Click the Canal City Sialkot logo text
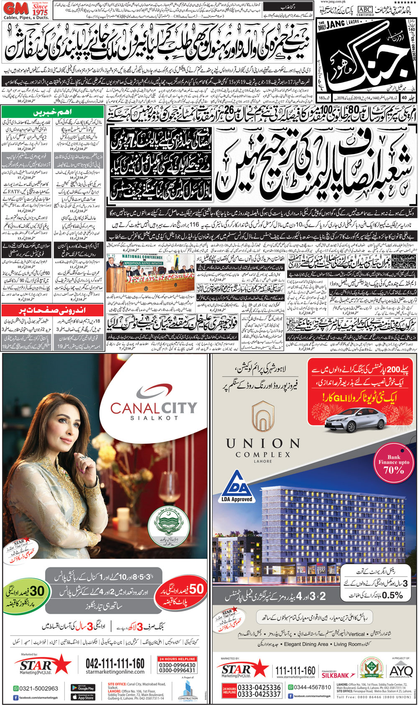153,408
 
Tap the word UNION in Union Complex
263,443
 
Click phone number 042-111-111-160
115,664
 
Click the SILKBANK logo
335,675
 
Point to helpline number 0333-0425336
259,687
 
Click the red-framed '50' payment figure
195,590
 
